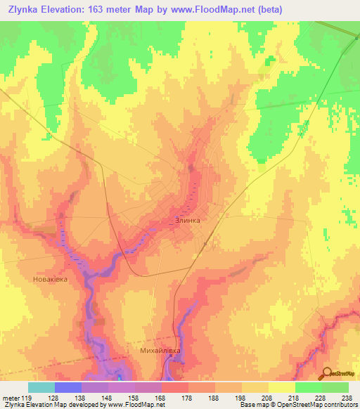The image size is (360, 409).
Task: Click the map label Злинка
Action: (188, 220)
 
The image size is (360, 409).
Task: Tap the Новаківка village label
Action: (50, 279)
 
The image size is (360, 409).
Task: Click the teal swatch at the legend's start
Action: (41, 387)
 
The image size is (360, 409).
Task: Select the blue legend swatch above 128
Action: (68, 387)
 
